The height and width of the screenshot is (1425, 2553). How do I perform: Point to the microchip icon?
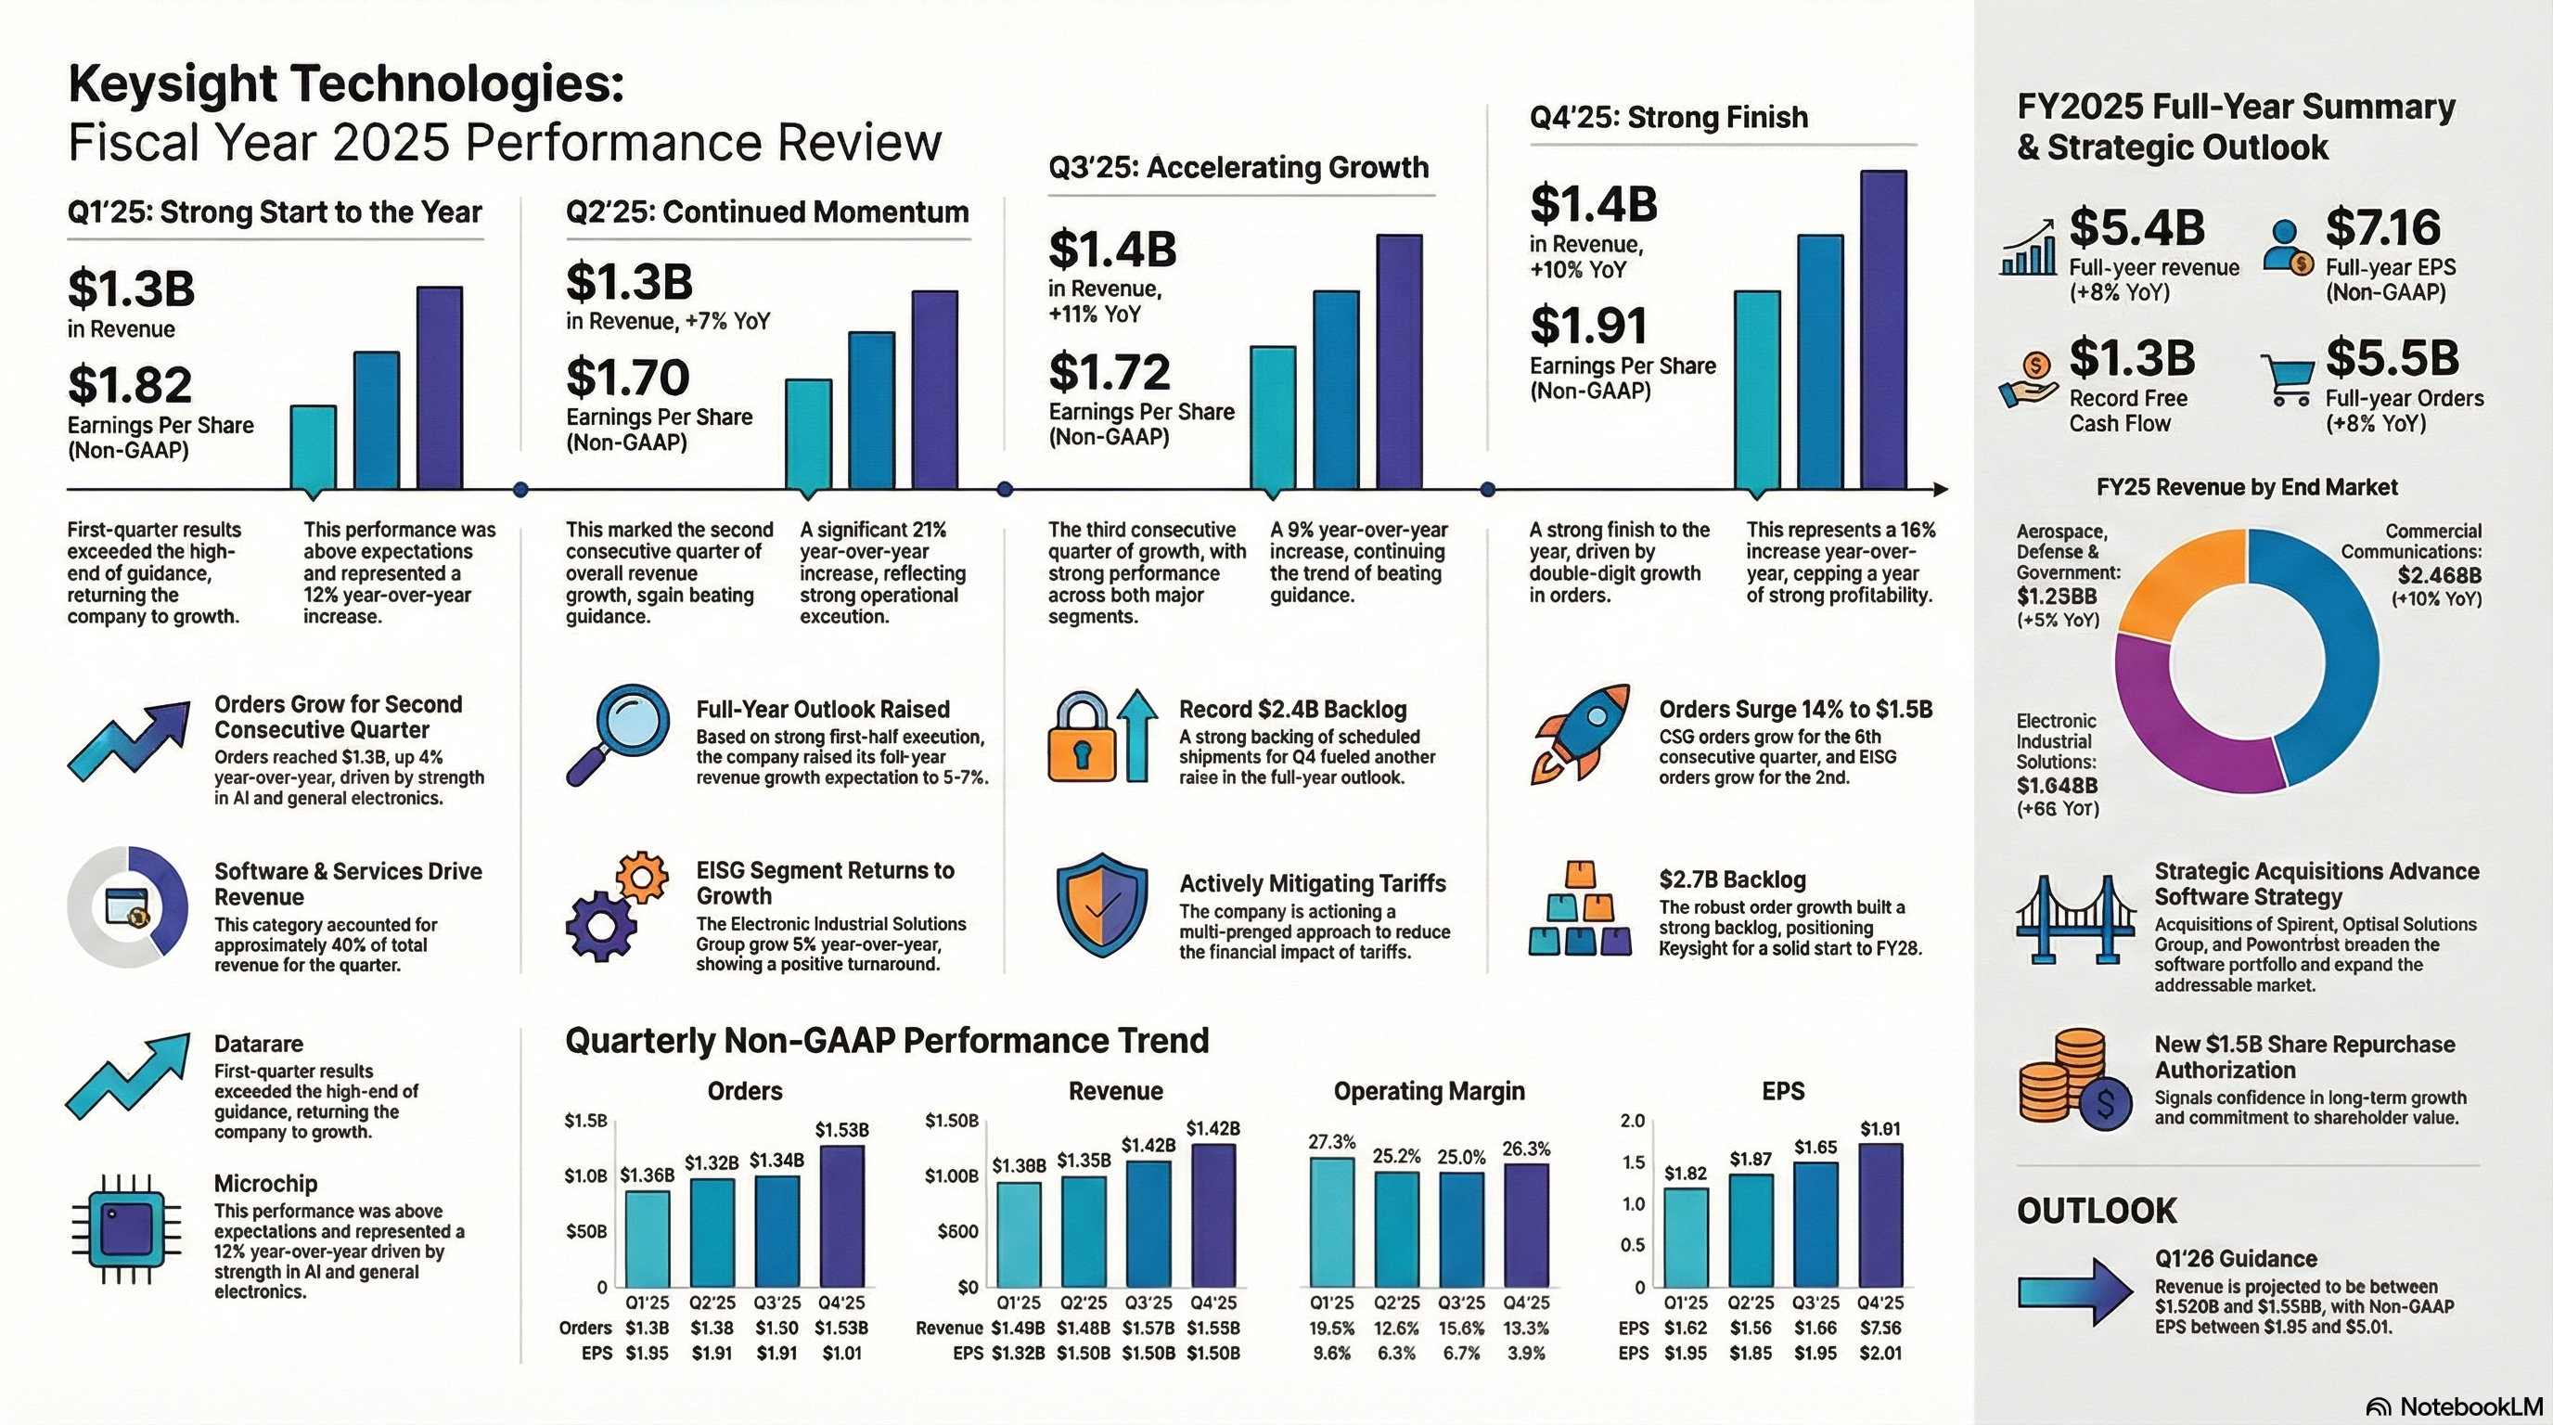click(127, 1230)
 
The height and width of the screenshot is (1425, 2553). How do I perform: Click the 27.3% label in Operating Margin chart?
click(1331, 1143)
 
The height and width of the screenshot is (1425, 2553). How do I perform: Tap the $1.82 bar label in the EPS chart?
click(1685, 1174)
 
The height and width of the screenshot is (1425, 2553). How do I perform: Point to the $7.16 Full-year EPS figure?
click(2382, 228)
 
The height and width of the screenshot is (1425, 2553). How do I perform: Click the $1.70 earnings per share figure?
click(627, 378)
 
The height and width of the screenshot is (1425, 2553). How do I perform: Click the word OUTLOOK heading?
click(2097, 1211)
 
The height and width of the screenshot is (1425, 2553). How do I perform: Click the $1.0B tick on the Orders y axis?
click(585, 1176)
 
